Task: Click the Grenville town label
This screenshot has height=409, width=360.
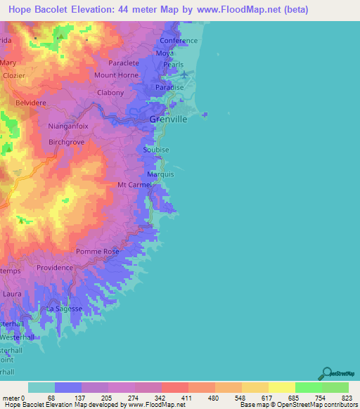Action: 168,119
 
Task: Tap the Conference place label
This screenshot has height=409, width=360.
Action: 178,41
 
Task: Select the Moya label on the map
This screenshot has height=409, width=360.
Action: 165,53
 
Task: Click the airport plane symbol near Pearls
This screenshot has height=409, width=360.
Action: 184,74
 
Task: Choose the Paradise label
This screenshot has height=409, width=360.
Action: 169,87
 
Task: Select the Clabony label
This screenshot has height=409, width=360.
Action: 110,93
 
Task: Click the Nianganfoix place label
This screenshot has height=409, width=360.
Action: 67,126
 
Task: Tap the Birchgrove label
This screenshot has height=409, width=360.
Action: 67,142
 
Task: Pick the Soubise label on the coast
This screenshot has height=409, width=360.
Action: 155,150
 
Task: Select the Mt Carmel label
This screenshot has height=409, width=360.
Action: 134,185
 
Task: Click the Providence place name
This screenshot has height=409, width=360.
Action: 55,268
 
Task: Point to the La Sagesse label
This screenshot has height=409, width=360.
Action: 65,309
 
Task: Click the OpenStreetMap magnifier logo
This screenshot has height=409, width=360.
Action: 326,373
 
